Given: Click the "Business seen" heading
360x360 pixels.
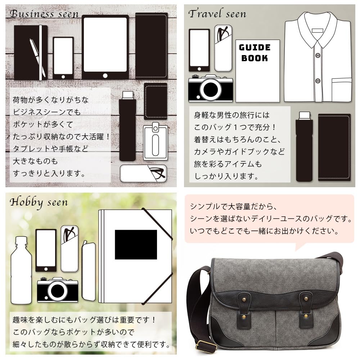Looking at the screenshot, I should [44, 14].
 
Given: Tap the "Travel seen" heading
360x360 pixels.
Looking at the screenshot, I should [217, 14].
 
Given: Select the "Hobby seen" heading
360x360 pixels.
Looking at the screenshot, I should [39, 202].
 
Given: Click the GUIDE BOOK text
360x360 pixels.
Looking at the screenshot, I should [255, 53].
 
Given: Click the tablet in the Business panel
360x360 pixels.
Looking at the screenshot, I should [105, 47].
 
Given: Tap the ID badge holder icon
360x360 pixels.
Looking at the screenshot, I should [156, 142].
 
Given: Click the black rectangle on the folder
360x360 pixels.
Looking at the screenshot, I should [136, 245].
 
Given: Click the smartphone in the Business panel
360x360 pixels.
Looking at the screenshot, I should [63, 58].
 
